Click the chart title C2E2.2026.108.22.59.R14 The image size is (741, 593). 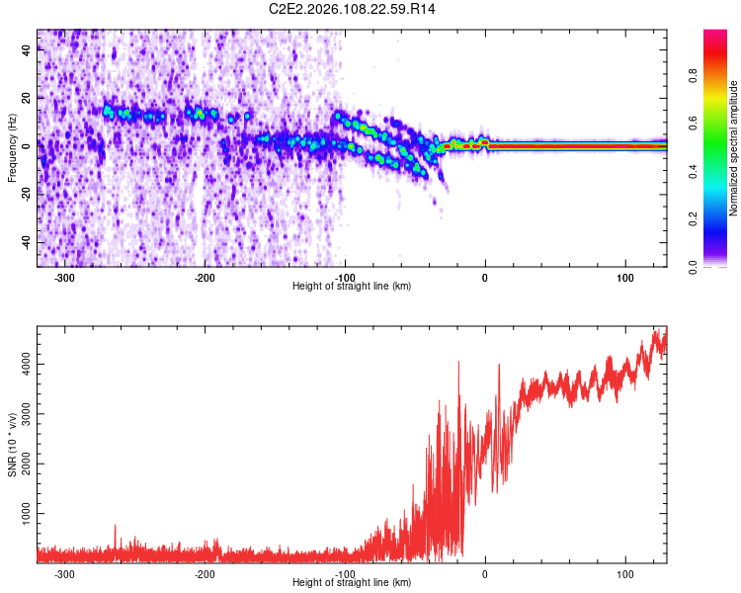(353, 9)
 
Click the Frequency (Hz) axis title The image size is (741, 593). (12, 148)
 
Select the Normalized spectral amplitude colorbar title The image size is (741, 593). (733, 148)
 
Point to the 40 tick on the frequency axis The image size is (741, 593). (28, 51)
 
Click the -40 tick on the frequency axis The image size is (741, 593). (26, 242)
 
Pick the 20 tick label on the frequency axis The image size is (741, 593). (28, 99)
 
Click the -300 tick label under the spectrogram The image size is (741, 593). (64, 278)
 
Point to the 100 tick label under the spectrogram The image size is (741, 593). (625, 278)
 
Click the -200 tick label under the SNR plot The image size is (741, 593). (205, 574)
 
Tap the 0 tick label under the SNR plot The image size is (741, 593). (485, 574)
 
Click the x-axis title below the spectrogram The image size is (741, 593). (353, 287)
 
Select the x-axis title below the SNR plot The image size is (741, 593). (353, 583)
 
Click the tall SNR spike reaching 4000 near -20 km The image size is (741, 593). (458, 365)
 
